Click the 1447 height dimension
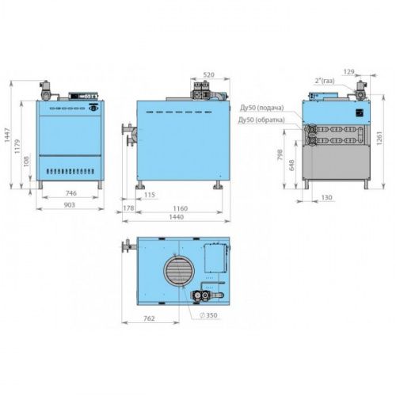tap(7, 135)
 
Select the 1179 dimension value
tap(17, 147)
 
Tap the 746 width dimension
tap(70, 193)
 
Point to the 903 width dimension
tap(69, 205)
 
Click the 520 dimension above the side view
tap(208, 74)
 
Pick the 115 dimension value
tap(150, 195)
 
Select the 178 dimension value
tap(128, 208)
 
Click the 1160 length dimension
tap(181, 208)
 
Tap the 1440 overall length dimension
tap(177, 217)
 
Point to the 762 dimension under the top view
tap(149, 318)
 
